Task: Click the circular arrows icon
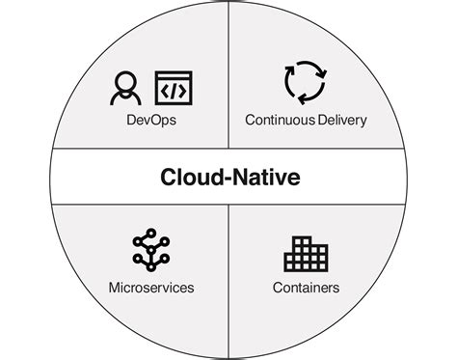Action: click(306, 83)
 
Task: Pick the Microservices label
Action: click(150, 287)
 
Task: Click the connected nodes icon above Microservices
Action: click(150, 249)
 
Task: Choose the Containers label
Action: click(306, 287)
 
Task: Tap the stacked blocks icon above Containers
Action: click(306, 253)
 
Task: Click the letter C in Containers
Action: click(276, 287)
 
